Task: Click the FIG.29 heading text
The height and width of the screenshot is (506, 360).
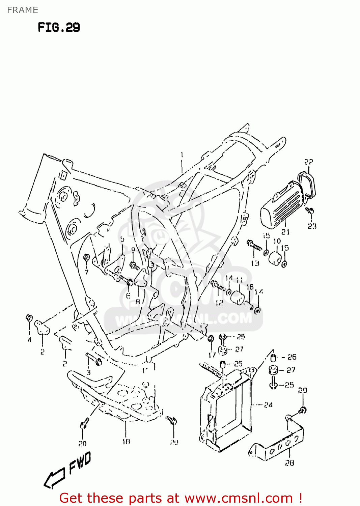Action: [x=59, y=27]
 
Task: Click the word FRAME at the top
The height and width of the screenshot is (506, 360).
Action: [x=22, y=10]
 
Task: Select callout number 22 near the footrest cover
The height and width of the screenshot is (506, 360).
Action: [x=308, y=162]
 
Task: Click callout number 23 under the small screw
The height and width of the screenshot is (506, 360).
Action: [x=312, y=226]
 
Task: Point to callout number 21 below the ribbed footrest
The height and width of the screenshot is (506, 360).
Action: [x=285, y=232]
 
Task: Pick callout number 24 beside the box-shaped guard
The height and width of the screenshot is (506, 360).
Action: [x=268, y=405]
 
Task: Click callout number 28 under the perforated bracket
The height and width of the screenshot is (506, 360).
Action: [x=289, y=463]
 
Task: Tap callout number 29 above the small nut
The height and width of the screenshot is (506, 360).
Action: [x=302, y=390]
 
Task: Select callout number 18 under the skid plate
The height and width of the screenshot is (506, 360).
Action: [x=126, y=442]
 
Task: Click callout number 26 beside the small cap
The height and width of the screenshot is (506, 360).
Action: [x=292, y=357]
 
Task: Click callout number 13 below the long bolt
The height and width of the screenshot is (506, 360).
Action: [x=255, y=263]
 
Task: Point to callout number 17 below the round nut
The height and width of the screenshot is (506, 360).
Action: [x=212, y=355]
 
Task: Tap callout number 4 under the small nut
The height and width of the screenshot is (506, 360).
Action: [x=29, y=340]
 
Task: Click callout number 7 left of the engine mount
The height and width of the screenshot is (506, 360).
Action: [x=86, y=272]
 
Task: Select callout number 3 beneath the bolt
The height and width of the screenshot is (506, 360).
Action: [x=88, y=372]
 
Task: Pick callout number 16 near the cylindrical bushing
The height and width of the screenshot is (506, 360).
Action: [x=250, y=287]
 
